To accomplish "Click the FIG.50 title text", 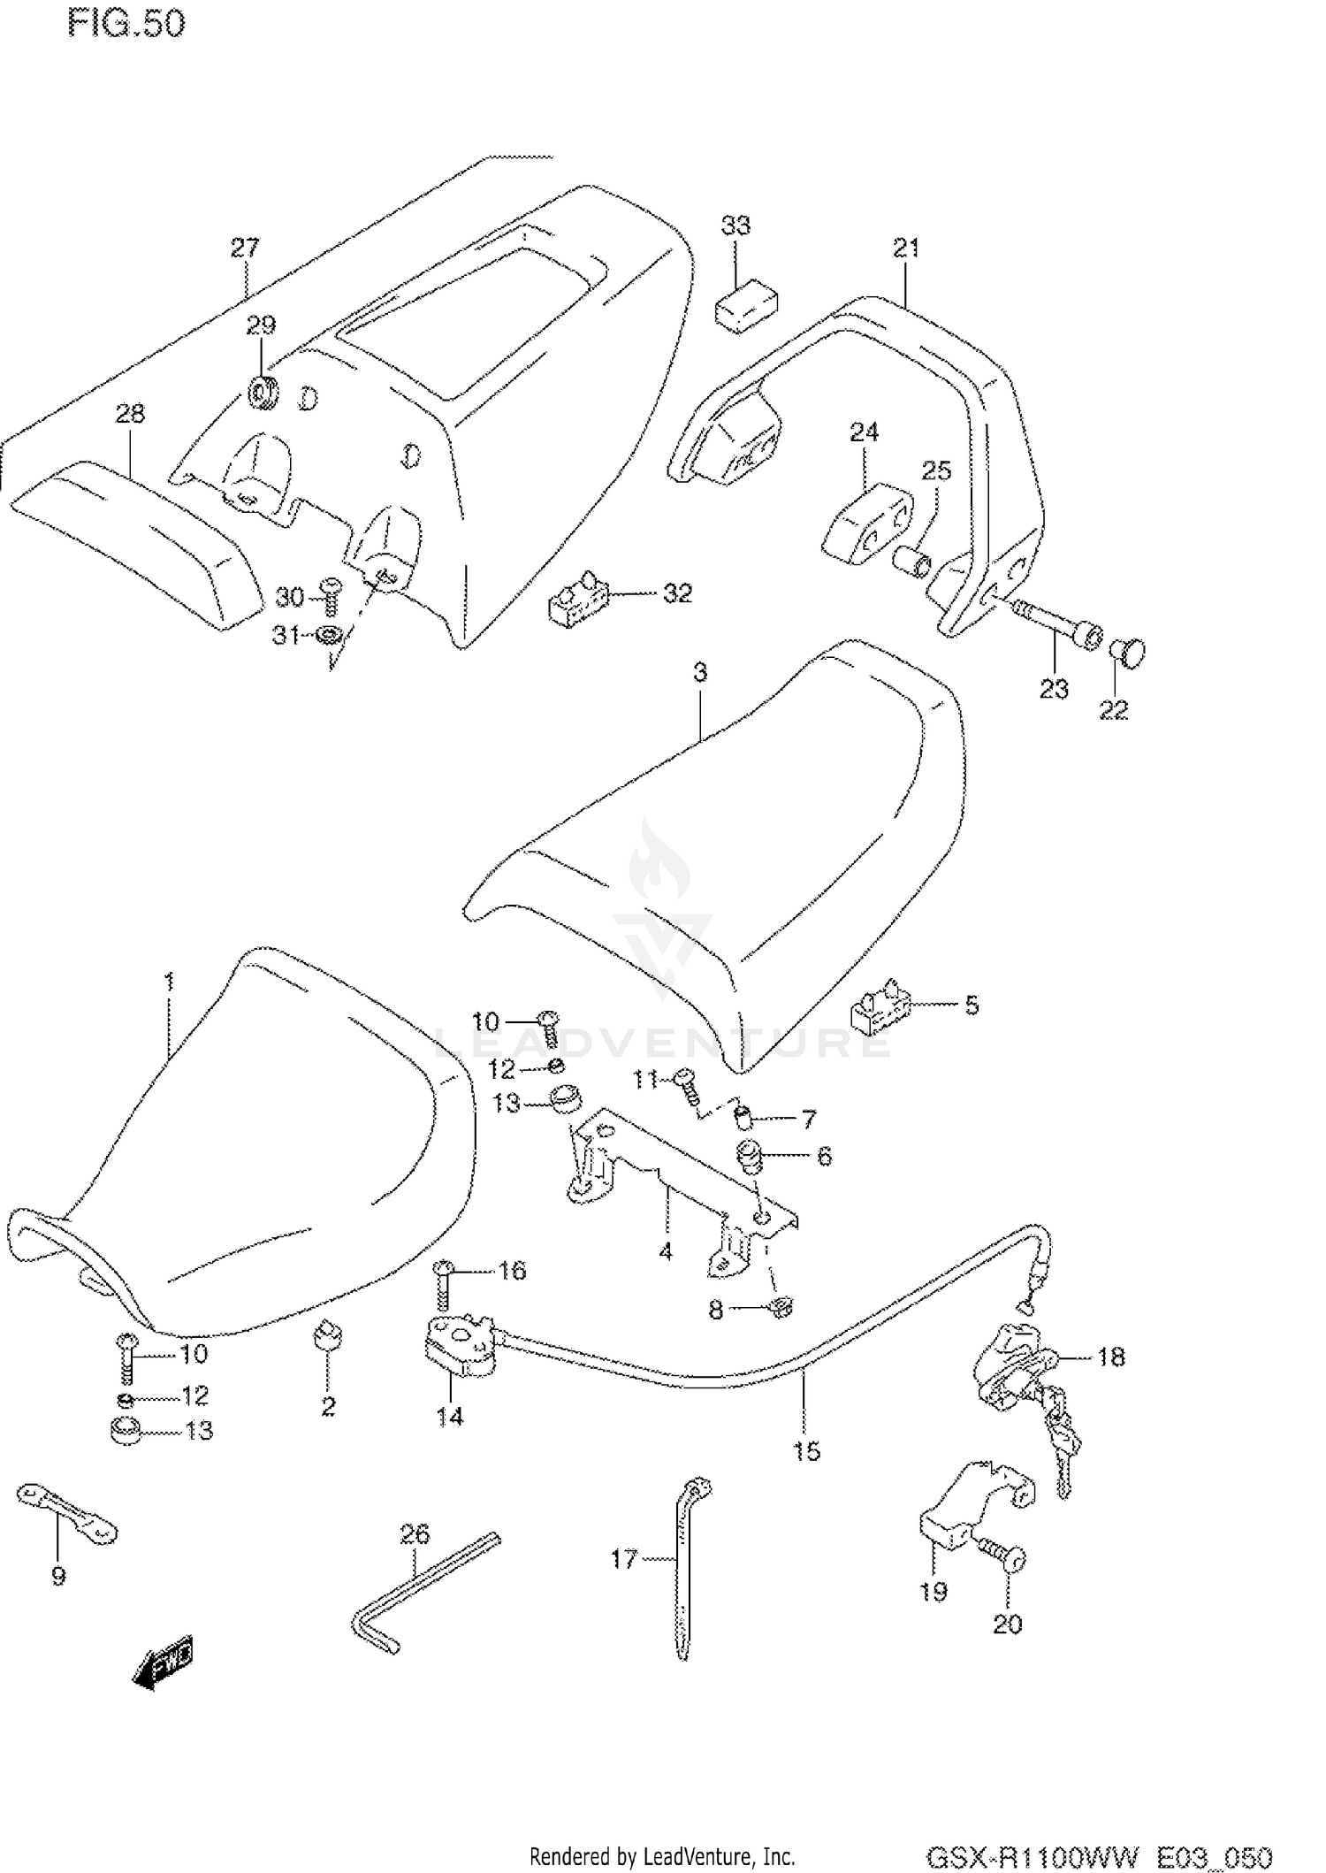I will pyautogui.click(x=126, y=24).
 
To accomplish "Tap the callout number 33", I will pyautogui.click(x=735, y=226).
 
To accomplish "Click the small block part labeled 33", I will pyautogui.click(x=746, y=306).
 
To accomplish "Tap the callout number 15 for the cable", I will pyautogui.click(x=806, y=1451).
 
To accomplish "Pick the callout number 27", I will pyautogui.click(x=245, y=248).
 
